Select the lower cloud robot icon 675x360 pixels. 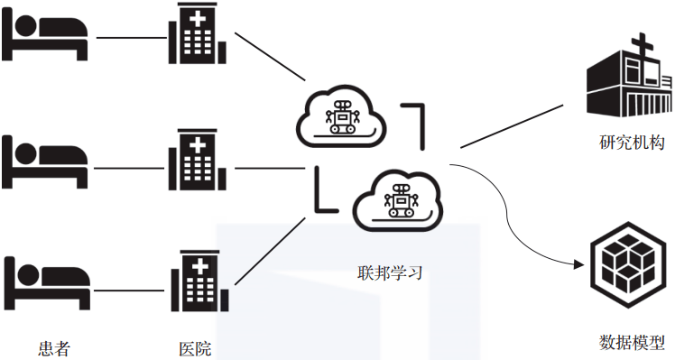click(397, 198)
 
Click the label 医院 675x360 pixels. click(195, 347)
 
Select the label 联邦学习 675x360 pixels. click(389, 272)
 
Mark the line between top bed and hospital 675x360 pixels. click(128, 38)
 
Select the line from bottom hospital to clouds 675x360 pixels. click(266, 253)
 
